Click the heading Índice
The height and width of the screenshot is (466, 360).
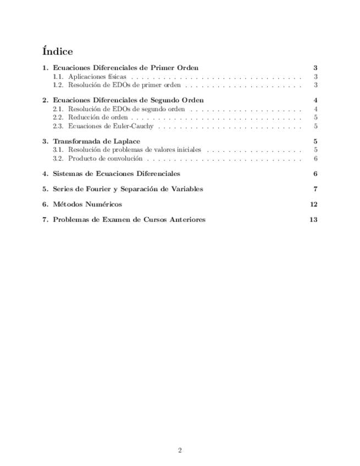(x=57, y=51)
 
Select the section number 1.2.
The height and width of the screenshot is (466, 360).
(x=58, y=85)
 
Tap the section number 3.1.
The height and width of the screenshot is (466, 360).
(x=58, y=149)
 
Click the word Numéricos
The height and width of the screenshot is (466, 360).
(x=103, y=204)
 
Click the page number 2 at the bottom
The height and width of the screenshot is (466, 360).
(x=180, y=451)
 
